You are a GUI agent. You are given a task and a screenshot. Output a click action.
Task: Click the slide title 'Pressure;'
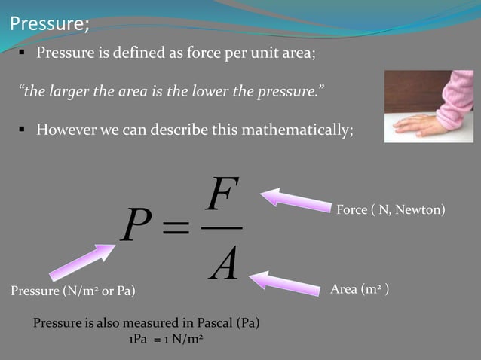(x=49, y=23)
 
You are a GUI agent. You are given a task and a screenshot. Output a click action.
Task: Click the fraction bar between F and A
(x=223, y=228)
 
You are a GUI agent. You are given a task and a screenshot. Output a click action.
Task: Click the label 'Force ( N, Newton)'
(x=391, y=209)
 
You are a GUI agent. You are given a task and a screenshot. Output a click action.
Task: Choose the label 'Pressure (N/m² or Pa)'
(x=73, y=291)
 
